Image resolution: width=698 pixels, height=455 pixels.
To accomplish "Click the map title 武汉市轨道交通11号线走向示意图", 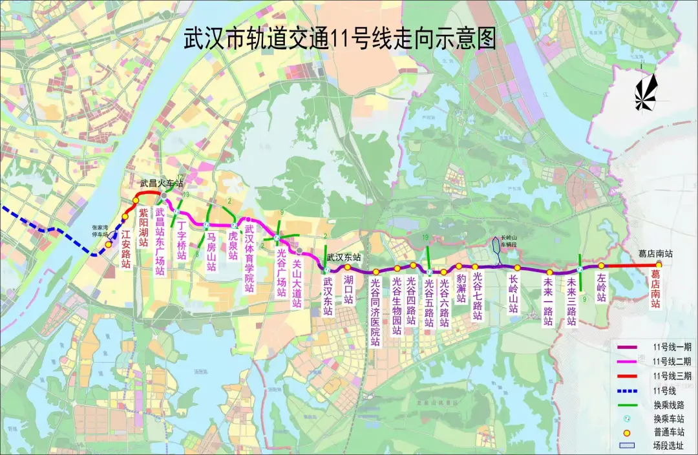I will point(340,39).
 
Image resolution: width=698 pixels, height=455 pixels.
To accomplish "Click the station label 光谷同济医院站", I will point(375,312).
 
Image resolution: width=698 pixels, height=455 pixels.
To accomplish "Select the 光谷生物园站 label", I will point(397,306).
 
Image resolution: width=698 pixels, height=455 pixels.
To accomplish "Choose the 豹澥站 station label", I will point(461,289).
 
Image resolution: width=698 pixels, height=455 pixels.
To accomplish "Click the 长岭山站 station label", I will point(514,295).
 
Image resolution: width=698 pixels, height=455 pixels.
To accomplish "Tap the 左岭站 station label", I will point(602,288).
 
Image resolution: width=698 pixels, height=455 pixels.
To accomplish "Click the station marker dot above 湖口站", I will point(347,268).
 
